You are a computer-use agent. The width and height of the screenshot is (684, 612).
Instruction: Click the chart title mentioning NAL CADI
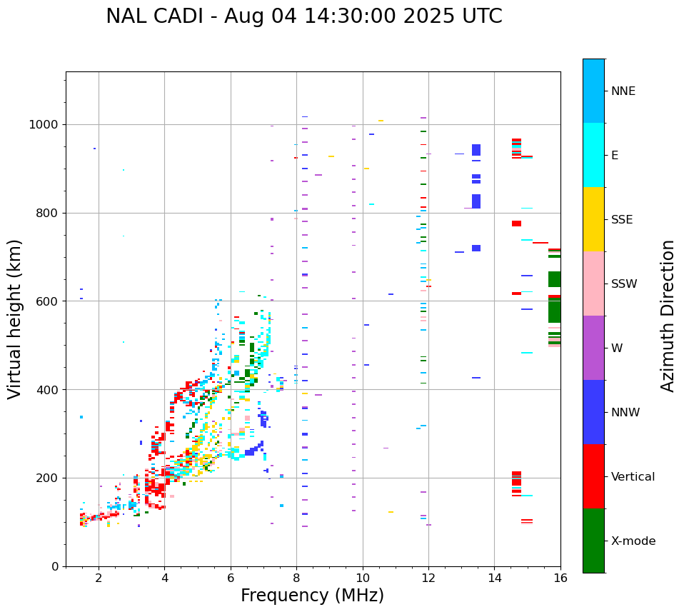(x=304, y=16)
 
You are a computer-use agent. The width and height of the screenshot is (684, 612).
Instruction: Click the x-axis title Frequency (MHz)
(x=312, y=596)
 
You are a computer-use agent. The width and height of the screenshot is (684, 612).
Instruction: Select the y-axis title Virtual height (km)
(x=15, y=318)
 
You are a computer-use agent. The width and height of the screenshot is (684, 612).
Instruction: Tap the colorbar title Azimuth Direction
(x=668, y=316)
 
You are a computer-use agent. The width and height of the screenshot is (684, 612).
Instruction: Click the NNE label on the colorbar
(x=623, y=91)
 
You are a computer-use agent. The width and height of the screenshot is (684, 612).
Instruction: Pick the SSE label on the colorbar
(x=621, y=220)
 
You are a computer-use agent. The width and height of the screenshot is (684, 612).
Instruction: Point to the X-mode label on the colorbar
(x=633, y=541)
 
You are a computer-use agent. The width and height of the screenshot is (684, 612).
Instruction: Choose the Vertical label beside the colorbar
(x=633, y=477)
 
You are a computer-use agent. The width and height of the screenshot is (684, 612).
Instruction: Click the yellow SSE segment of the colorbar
(x=593, y=219)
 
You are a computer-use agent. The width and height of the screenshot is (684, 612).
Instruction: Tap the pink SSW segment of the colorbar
(x=593, y=284)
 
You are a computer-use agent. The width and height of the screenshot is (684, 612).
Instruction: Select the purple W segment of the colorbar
(x=593, y=348)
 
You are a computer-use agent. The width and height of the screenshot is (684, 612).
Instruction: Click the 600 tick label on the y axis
(x=49, y=301)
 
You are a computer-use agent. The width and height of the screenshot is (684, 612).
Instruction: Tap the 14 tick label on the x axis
(x=495, y=578)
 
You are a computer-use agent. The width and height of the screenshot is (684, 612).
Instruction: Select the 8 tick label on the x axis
(x=296, y=578)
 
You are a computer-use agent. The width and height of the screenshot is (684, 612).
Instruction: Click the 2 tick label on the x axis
(x=99, y=578)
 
